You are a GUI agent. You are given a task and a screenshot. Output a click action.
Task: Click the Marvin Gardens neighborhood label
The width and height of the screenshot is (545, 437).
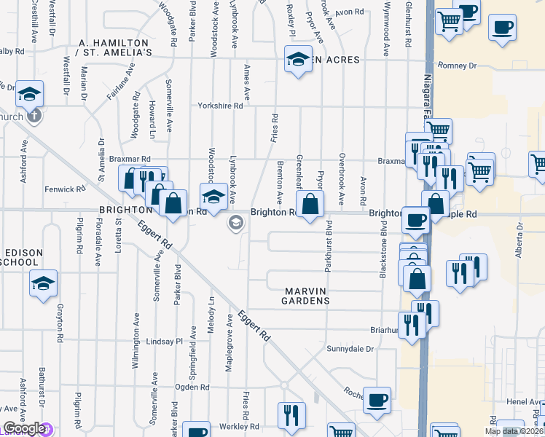pyautogui.click(x=307, y=295)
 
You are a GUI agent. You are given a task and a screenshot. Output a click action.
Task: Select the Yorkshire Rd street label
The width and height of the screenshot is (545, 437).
pyautogui.click(x=220, y=106)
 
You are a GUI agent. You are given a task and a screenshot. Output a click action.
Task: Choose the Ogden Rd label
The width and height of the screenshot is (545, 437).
pyautogui.click(x=192, y=387)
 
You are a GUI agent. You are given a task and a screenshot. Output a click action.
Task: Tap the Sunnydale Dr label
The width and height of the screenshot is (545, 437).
pyautogui.click(x=350, y=349)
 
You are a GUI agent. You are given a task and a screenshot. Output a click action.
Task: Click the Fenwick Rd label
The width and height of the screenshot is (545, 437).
pyautogui.click(x=66, y=189)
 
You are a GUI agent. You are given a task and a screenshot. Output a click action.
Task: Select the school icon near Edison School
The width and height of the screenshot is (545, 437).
pyautogui.click(x=44, y=283)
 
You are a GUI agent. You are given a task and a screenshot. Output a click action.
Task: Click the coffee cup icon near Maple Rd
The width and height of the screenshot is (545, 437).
pyautogui.click(x=416, y=219)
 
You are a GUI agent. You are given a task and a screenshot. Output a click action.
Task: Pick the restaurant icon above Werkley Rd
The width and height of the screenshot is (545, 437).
pyautogui.click(x=291, y=414)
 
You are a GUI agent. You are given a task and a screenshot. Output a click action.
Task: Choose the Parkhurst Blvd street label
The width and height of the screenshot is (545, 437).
pyautogui.click(x=329, y=246)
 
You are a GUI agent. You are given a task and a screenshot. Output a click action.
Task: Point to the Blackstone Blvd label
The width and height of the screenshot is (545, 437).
pyautogui.click(x=383, y=250)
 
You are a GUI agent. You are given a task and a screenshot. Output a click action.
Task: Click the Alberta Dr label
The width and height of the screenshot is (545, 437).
pyautogui.click(x=520, y=241)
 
